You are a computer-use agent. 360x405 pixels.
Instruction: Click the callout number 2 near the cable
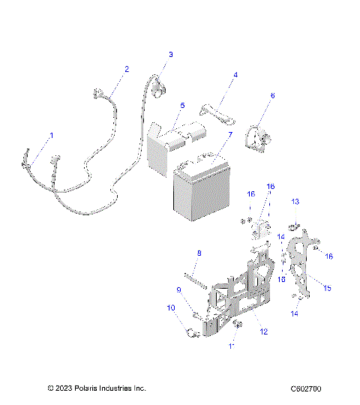pyautogui.click(x=126, y=69)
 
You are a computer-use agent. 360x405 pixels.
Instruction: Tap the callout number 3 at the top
pyautogui.click(x=170, y=55)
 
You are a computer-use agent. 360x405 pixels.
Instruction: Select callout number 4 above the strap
pyautogui.click(x=235, y=75)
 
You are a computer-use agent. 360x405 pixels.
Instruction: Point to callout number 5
pyautogui.click(x=182, y=106)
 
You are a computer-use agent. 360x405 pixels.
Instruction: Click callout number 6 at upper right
pyautogui.click(x=272, y=95)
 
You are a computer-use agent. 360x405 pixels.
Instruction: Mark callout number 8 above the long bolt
pyautogui.click(x=199, y=253)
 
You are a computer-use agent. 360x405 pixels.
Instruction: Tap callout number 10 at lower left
pyautogui.click(x=170, y=307)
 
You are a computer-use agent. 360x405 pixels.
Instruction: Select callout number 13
pyautogui.click(x=295, y=202)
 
